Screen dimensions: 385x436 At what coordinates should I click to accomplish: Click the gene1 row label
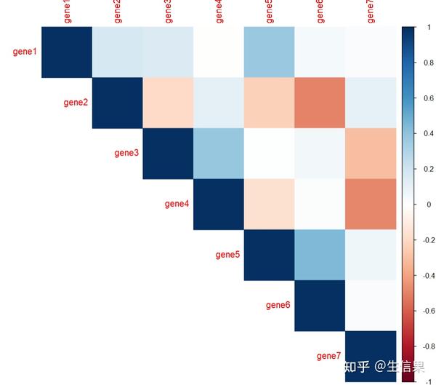pos(25,52)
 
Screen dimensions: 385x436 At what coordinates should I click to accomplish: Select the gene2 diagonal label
pos(76,103)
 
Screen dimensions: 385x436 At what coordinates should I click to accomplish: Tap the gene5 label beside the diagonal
pos(227,255)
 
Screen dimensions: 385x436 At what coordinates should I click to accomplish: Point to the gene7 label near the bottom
pos(329,356)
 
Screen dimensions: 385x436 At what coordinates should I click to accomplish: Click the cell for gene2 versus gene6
pos(320,103)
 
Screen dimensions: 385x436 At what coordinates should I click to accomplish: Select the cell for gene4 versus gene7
pos(371,204)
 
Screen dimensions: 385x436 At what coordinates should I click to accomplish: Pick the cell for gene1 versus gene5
pos(269,52)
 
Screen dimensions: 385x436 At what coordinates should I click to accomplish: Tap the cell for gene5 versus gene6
pos(320,255)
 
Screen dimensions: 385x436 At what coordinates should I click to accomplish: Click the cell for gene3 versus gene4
pos(218,154)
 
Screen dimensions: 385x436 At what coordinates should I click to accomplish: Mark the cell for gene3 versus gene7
pos(371,154)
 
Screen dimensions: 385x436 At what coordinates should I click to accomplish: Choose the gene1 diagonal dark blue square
pos(66,52)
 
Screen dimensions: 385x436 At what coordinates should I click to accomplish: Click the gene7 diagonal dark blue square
pos(371,356)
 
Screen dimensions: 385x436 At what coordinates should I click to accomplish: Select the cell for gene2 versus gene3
pos(167,103)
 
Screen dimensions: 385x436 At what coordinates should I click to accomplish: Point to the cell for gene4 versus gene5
pos(269,204)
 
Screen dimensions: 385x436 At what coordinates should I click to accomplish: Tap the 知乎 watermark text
pos(358,366)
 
